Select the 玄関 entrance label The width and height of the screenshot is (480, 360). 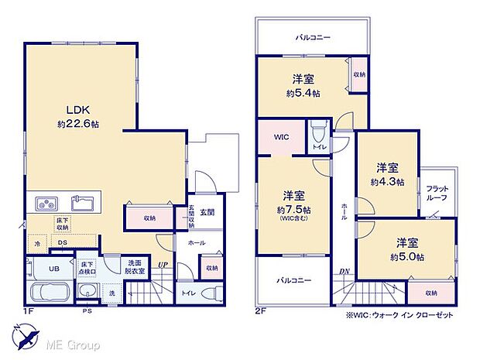click(207, 211)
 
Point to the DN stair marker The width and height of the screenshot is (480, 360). click(343, 271)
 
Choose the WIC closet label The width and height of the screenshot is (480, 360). click(280, 137)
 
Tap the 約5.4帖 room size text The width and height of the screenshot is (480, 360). click(302, 92)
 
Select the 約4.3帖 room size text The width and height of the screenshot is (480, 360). click(386, 182)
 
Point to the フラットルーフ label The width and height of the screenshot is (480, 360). click(438, 194)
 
